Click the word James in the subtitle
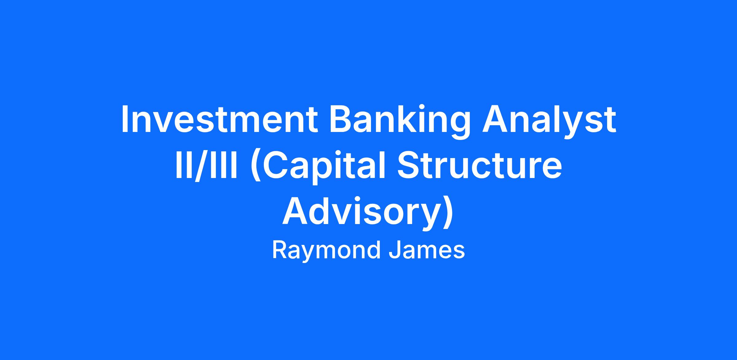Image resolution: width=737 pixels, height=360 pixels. pyautogui.click(x=427, y=250)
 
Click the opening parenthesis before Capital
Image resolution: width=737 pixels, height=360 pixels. pyautogui.click(x=256, y=168)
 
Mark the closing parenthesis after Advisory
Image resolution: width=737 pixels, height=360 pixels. pyautogui.click(x=448, y=214)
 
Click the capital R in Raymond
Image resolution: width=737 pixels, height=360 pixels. pyautogui.click(x=279, y=250)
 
